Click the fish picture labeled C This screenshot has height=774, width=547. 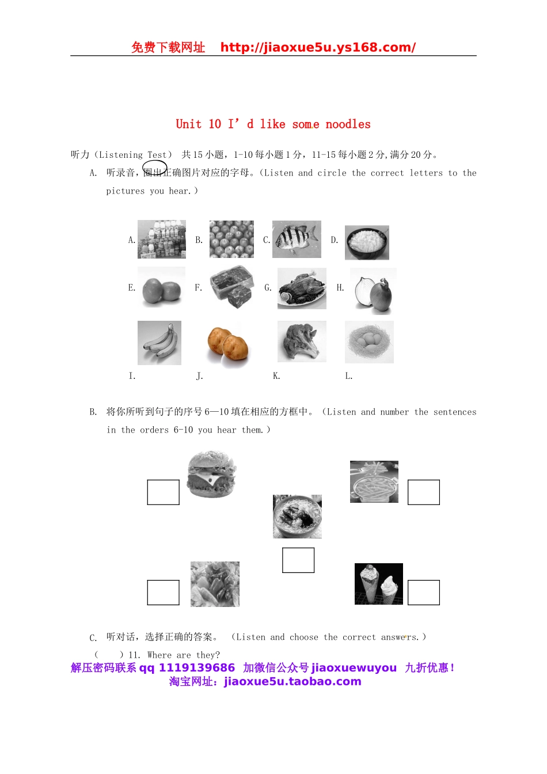click(297, 239)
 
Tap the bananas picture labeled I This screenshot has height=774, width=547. click(159, 343)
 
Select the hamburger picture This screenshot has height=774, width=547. click(212, 475)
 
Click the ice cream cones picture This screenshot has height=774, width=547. click(379, 584)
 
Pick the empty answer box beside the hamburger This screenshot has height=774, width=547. click(164, 492)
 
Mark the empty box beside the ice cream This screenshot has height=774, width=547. click(424, 593)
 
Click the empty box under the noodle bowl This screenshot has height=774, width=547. click(298, 560)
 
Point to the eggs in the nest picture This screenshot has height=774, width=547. click(369, 342)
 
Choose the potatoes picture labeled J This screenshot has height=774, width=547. click(228, 346)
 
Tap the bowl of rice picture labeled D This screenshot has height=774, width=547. click(367, 242)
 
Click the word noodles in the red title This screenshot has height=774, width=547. click(348, 124)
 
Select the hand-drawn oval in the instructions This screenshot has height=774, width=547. click(155, 169)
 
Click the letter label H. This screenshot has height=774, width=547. click(340, 288)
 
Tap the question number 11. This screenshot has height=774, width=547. click(134, 655)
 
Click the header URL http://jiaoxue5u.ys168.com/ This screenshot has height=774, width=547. click(318, 48)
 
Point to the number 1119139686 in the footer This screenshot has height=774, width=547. click(197, 668)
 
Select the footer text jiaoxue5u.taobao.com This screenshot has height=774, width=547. click(293, 682)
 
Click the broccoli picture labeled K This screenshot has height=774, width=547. click(302, 342)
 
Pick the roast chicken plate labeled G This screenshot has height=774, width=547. click(302, 289)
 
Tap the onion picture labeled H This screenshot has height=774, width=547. click(373, 291)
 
